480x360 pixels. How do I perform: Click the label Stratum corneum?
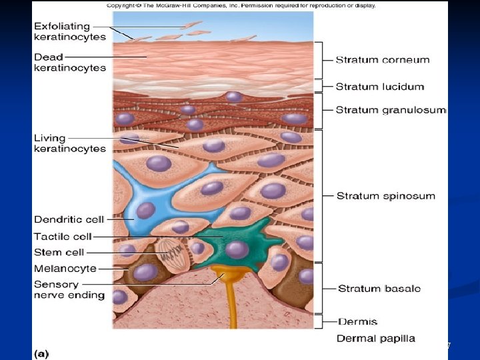tap(382, 60)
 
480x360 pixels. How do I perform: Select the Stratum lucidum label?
tap(379, 87)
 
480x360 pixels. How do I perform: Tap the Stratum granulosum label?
tap(390, 110)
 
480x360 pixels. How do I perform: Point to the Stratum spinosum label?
tap(385, 196)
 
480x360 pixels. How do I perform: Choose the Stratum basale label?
tap(379, 289)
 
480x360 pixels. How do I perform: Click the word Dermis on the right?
tap(357, 321)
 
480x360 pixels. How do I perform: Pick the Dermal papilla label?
tap(375, 338)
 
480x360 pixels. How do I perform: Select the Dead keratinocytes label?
tap(70, 62)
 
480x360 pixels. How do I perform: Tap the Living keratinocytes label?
tap(70, 143)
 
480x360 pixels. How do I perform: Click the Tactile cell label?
tap(63, 236)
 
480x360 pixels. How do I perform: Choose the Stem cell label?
tap(59, 252)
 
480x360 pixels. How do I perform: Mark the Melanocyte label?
tap(65, 269)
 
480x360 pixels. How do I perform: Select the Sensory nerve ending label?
tap(69, 289)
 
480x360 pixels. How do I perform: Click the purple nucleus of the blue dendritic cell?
tap(146, 210)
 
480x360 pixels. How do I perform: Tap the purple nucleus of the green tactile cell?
tap(237, 250)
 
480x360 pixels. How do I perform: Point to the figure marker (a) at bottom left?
tap(41, 353)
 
